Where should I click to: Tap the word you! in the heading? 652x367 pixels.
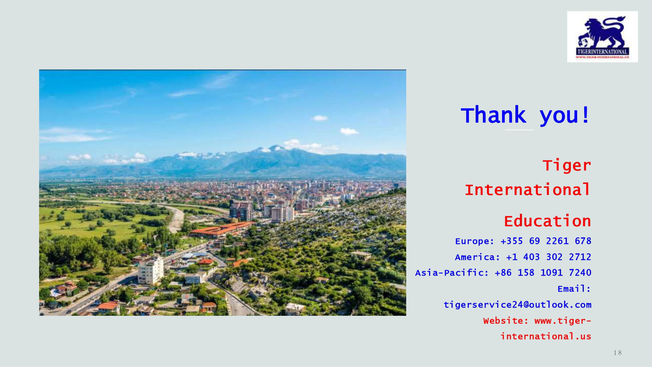(565, 116)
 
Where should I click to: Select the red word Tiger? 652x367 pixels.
(567, 165)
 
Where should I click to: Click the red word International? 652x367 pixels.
(527, 190)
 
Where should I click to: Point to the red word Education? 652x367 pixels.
(547, 221)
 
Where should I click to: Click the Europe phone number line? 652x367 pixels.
(523, 241)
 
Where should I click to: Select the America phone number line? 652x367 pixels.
(523, 257)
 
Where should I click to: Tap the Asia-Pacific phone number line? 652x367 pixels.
(503, 273)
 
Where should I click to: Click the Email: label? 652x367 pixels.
(574, 289)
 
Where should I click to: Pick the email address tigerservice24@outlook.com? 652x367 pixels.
(517, 305)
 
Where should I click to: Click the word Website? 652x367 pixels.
(506, 321)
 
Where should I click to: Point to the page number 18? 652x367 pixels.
(617, 353)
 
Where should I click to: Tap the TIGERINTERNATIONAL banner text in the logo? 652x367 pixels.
(602, 52)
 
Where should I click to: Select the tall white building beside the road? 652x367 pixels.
(150, 270)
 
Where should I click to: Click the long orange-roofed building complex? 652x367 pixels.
(222, 229)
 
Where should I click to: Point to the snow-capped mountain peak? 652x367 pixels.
(276, 148)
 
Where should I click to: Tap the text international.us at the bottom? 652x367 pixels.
(546, 336)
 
